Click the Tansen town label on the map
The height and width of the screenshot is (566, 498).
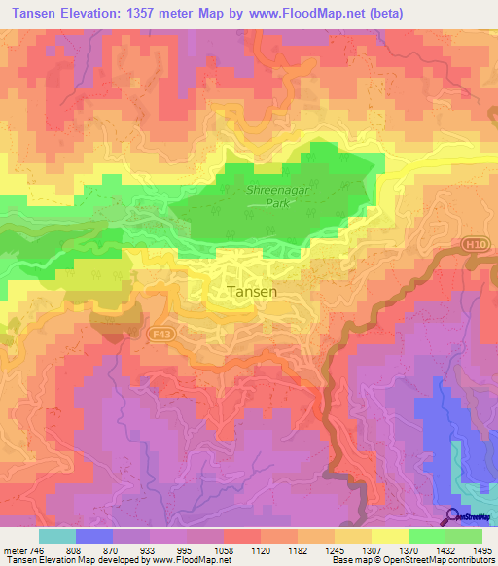tap(252, 291)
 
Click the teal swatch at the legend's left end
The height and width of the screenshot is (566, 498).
tap(56, 536)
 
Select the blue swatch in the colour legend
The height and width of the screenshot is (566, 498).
tap(93, 536)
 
